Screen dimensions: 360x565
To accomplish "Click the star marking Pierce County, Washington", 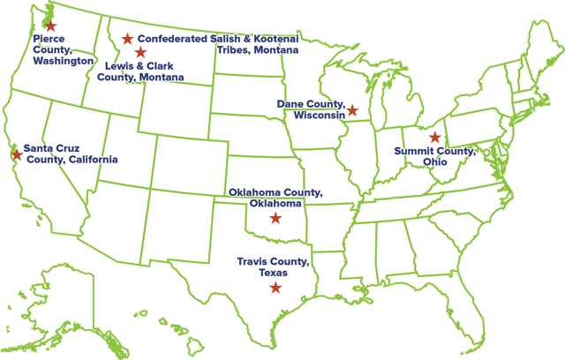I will coord(49,26).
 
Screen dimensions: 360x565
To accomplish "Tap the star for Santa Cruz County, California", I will coord(17,154).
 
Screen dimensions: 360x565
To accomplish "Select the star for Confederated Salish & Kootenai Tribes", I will coord(128,39).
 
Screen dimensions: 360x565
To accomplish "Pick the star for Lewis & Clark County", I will coord(140,53).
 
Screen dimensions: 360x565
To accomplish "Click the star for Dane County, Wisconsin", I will coord(351,110).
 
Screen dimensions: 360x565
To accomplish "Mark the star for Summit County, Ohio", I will coord(433,138).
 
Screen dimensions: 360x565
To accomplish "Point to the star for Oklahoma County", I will coord(275,218).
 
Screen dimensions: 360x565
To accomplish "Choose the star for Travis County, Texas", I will coord(275,288).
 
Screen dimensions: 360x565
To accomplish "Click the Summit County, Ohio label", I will coord(434,158).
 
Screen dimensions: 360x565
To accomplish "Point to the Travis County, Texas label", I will coord(273,267).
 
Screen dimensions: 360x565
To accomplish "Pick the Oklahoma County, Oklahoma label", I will coord(275,198).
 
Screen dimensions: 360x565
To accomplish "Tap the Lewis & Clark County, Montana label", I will coord(145,71).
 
